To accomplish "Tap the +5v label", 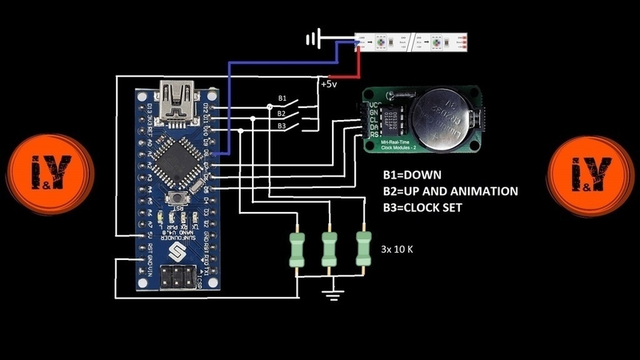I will click(x=328, y=83).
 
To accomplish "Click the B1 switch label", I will click(x=282, y=99).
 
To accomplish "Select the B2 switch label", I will click(x=282, y=113).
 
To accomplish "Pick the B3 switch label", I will click(x=282, y=126).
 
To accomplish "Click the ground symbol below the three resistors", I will click(x=330, y=294).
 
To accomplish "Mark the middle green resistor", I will click(x=329, y=247).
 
